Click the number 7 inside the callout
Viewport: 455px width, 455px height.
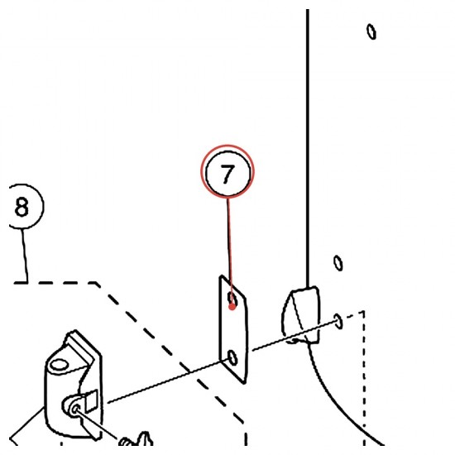(x=227, y=174)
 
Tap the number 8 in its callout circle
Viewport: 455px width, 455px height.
(x=22, y=207)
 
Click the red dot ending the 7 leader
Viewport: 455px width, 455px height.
(x=232, y=306)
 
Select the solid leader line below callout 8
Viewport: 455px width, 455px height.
(x=25, y=256)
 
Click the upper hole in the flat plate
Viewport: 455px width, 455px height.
(x=232, y=299)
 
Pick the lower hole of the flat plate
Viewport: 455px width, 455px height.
(x=232, y=357)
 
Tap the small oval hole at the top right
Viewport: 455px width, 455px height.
(x=371, y=31)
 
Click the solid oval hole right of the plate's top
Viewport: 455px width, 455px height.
(x=338, y=263)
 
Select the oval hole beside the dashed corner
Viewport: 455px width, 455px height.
(x=338, y=321)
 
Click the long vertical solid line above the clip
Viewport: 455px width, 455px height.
(x=308, y=149)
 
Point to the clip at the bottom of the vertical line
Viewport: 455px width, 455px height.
(x=301, y=315)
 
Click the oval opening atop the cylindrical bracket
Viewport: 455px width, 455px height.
(x=59, y=365)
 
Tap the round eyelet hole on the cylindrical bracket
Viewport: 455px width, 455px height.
(x=75, y=409)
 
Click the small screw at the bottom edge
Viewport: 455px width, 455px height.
(x=136, y=441)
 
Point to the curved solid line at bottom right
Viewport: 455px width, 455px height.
(x=342, y=398)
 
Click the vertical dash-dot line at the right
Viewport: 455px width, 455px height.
(x=364, y=377)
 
